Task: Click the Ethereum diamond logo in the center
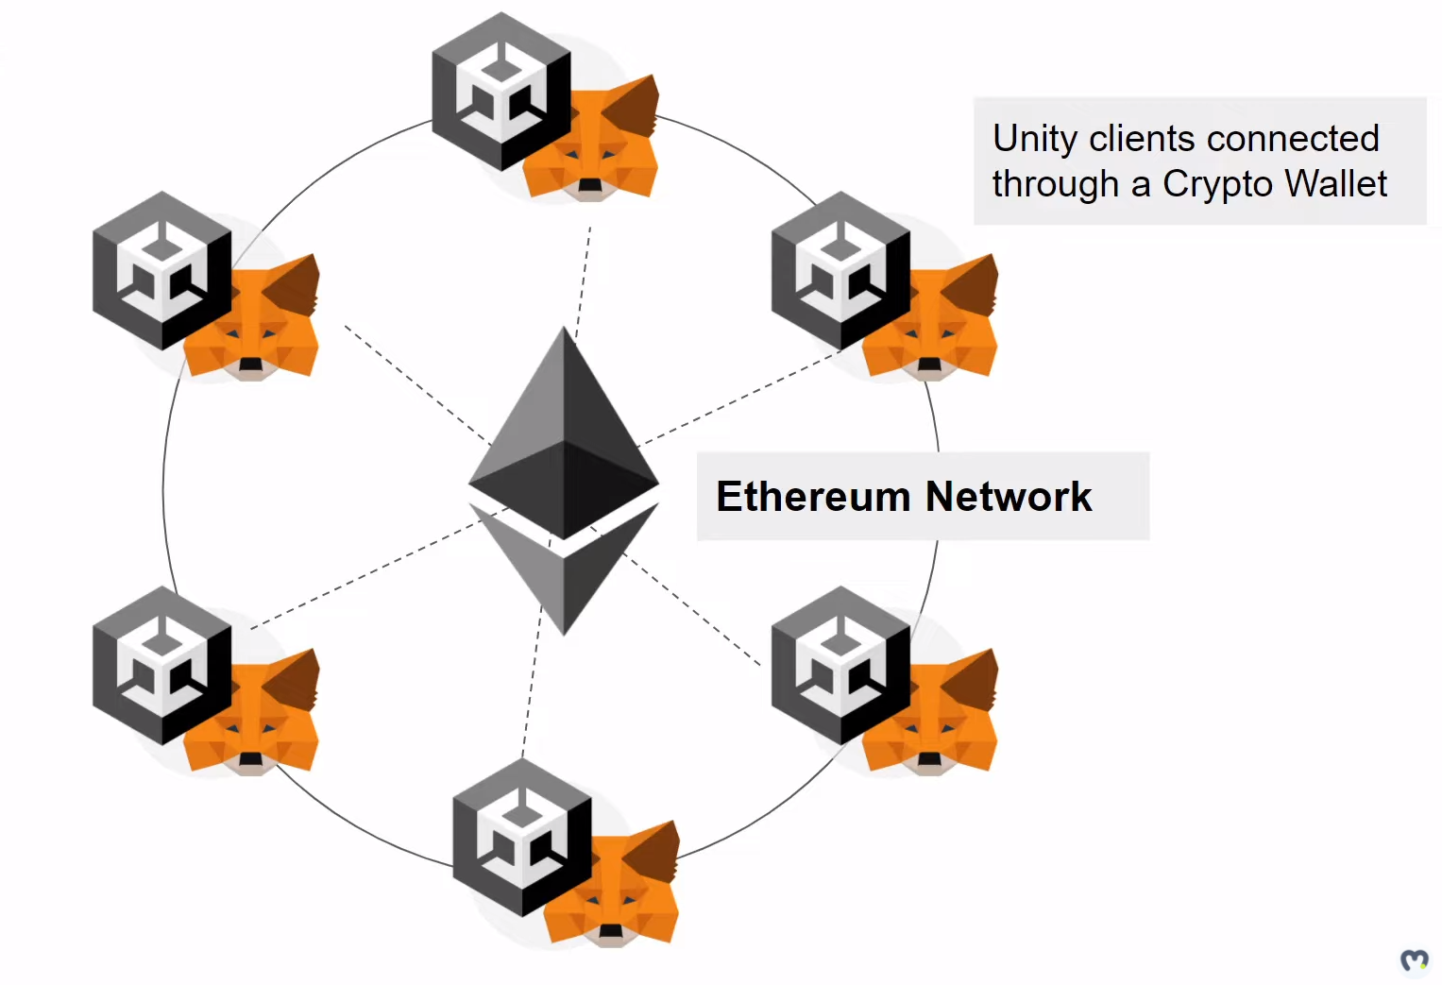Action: coord(564,477)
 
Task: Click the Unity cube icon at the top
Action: coord(500,91)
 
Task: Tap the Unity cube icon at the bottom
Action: coord(521,837)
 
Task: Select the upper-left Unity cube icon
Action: coord(161,270)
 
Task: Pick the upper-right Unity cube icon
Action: coord(840,270)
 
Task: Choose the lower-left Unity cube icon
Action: coord(161,665)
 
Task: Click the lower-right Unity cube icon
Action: coord(840,665)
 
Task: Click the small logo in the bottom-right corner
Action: coord(1414,960)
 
